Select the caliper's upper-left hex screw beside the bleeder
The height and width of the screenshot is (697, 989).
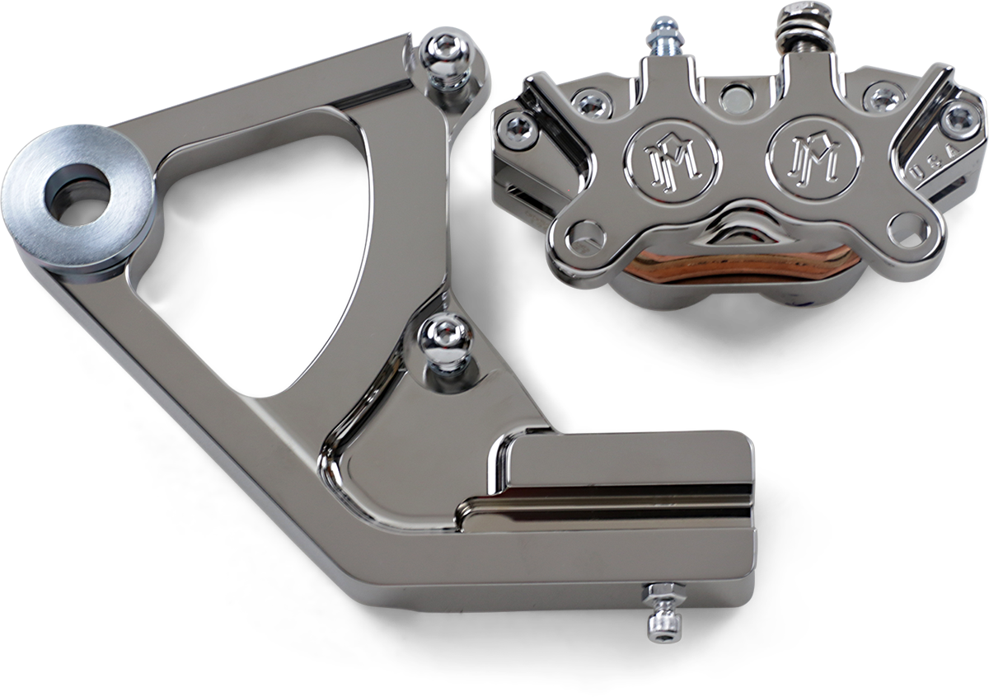point(588,103)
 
